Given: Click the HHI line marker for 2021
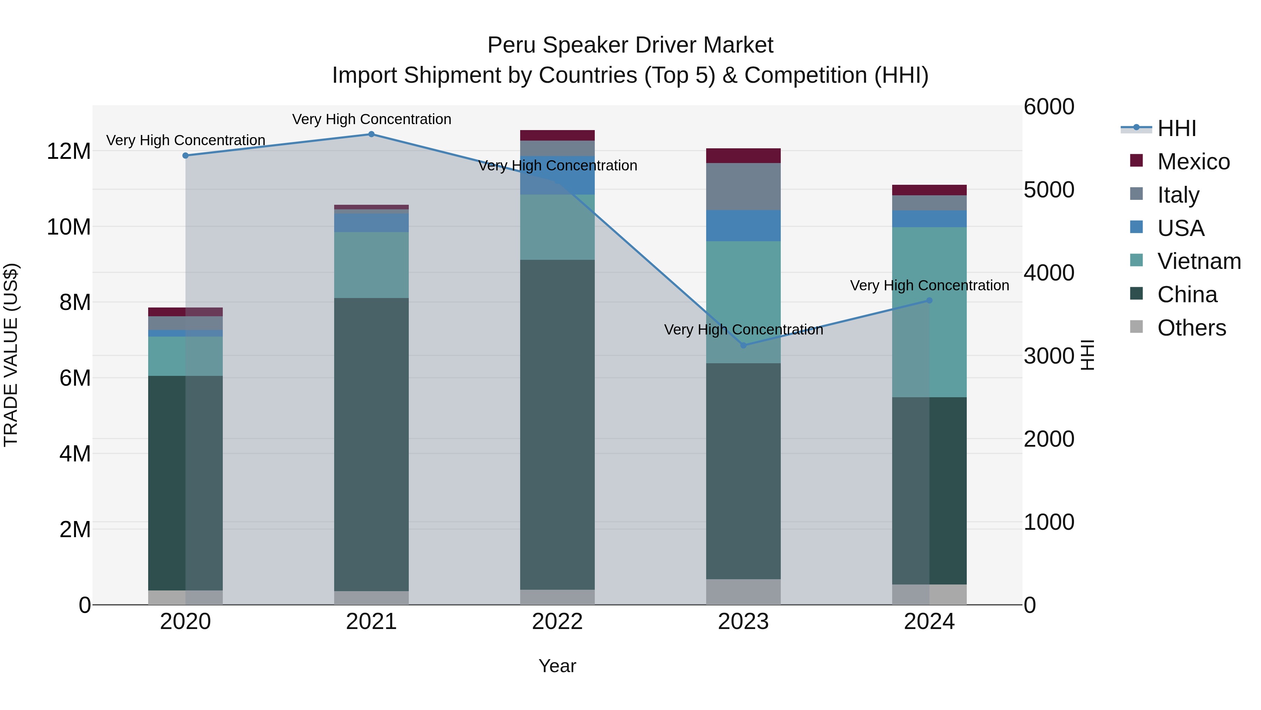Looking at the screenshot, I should pos(371,134).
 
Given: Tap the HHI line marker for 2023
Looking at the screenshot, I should pos(743,345).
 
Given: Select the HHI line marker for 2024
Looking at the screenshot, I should pos(929,300).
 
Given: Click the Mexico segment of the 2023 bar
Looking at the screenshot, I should pos(743,155).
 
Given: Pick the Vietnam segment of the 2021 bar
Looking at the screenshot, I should pos(371,265).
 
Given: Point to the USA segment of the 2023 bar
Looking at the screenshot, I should pos(743,225).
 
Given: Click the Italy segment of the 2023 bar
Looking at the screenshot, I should pos(743,187).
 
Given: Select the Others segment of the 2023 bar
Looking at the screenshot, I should pos(743,592).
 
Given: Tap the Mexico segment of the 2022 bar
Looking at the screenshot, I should pos(557,135).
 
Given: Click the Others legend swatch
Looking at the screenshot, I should pos(1136,327).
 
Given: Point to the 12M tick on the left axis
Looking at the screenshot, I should pos(69,151).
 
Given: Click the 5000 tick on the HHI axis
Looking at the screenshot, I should pos(1048,190).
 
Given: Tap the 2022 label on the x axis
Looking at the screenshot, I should pos(557,622).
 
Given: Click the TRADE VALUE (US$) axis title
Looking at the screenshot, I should pos(11,355).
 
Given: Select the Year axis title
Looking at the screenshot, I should pos(557,666).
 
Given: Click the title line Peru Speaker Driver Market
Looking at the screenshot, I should pos(630,45).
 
